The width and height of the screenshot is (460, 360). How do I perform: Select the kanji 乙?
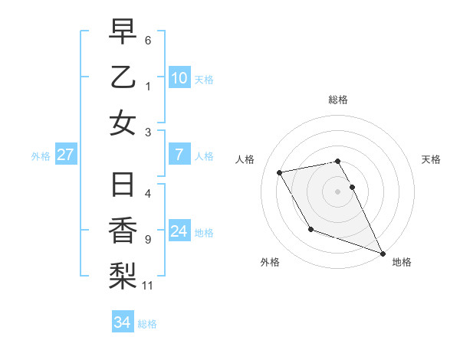(x=123, y=77)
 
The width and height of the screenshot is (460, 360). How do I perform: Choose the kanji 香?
(x=123, y=231)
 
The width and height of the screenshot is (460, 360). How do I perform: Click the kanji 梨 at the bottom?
(x=123, y=275)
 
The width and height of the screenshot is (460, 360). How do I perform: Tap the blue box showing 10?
(x=179, y=77)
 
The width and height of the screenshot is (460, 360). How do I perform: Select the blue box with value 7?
(x=179, y=155)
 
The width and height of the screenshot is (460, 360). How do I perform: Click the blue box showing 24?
(x=179, y=231)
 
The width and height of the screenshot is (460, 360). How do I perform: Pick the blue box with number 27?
(x=65, y=155)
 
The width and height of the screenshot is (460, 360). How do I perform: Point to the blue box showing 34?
(x=122, y=322)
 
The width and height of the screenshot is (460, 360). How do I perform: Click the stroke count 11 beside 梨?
(x=148, y=286)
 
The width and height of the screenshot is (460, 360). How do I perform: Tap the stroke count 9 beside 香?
(x=148, y=240)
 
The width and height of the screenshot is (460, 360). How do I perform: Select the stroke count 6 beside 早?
(x=148, y=40)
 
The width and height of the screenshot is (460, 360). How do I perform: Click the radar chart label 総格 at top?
(x=337, y=100)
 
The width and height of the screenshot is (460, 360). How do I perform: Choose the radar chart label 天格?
(x=432, y=159)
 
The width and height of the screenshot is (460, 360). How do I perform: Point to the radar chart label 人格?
(x=246, y=159)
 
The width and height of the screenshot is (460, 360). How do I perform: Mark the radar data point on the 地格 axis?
(x=383, y=253)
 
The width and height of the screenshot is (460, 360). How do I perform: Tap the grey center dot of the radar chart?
(x=337, y=191)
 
